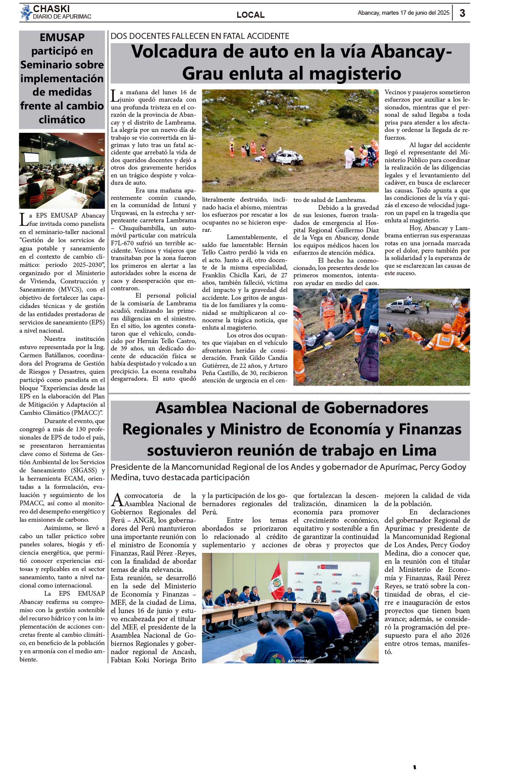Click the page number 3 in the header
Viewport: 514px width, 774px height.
point(462,13)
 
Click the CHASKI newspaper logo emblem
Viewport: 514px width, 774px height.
point(26,13)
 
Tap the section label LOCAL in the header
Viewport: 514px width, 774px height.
point(251,15)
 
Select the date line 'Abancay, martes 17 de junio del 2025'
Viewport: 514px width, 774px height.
point(403,13)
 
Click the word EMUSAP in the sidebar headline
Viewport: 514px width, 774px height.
point(62,38)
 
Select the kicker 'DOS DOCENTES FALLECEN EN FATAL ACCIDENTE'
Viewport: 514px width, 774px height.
point(200,36)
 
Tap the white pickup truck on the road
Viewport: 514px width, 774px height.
point(402,306)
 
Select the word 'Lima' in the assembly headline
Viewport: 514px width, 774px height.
point(419,450)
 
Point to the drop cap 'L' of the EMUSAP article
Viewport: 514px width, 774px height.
point(24,219)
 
